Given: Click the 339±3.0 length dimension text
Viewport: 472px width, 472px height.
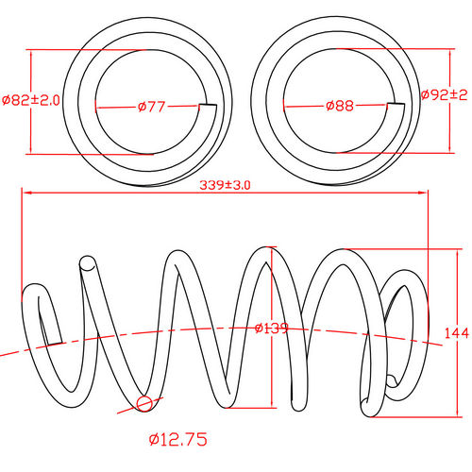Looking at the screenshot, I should pyautogui.click(x=225, y=185).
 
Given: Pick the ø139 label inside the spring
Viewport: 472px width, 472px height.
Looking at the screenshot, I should pyautogui.click(x=271, y=328).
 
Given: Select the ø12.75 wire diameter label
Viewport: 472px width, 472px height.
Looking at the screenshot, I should pyautogui.click(x=177, y=440).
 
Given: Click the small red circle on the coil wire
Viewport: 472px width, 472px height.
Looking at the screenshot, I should pyautogui.click(x=144, y=405).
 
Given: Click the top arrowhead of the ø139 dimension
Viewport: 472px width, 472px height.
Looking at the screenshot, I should pyautogui.click(x=274, y=249).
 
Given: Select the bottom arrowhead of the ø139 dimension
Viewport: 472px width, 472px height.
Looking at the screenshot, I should pyautogui.click(x=274, y=405).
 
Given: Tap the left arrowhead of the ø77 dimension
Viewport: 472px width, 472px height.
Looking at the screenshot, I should pyautogui.click(x=99, y=107).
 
